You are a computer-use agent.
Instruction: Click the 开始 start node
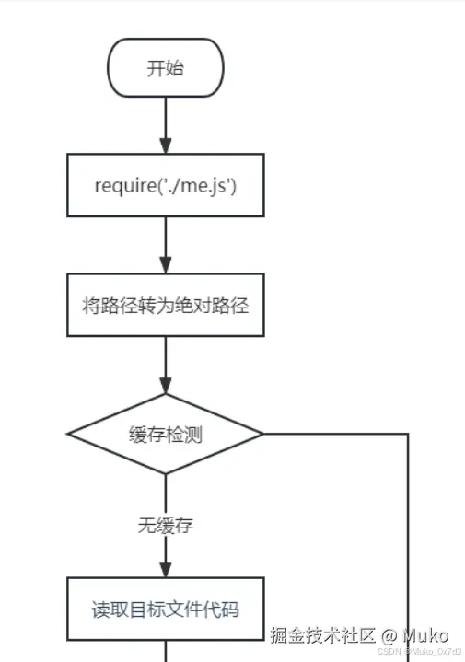pyautogui.click(x=166, y=67)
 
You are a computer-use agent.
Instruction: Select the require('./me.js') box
pyautogui.click(x=166, y=185)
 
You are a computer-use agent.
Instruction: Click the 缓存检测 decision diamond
pyautogui.click(x=166, y=434)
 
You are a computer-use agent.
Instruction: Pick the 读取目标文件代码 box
pyautogui.click(x=166, y=609)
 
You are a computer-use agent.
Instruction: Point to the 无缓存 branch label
pyautogui.click(x=166, y=527)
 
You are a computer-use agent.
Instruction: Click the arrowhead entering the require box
pyautogui.click(x=166, y=146)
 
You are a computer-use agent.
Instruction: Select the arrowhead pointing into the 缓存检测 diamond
pyautogui.click(x=166, y=386)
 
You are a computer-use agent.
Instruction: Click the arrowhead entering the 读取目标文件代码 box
pyautogui.click(x=166, y=570)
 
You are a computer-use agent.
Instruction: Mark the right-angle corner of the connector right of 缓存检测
pyautogui.click(x=407, y=434)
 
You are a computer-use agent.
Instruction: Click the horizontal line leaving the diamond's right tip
pyautogui.click(x=331, y=434)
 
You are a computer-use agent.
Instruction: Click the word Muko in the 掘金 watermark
pyautogui.click(x=424, y=635)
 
